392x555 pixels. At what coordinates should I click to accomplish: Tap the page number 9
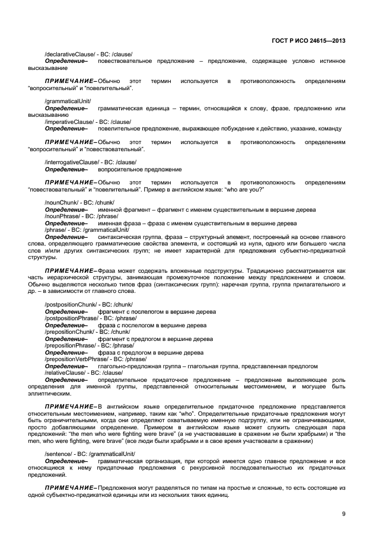tap(343, 513)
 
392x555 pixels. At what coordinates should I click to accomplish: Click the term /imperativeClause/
tap(67, 122)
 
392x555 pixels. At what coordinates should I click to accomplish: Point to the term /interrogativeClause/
tap(69, 162)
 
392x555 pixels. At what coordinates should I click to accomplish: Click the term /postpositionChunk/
tap(69, 304)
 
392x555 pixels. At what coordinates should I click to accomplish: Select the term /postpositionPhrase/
tap(71, 318)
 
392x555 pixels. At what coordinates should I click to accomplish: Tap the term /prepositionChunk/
tap(68, 331)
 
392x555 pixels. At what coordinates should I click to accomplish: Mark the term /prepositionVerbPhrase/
tap(74, 359)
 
